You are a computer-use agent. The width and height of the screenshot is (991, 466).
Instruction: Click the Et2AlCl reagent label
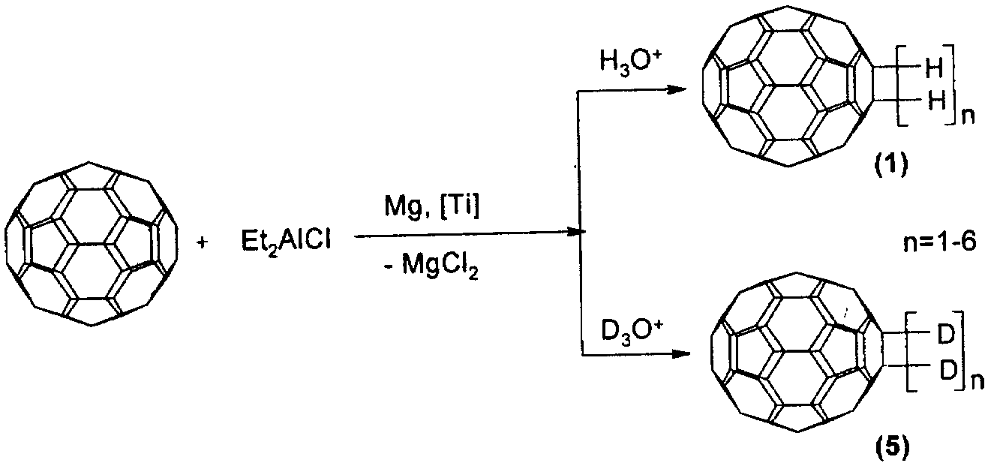[x=287, y=243]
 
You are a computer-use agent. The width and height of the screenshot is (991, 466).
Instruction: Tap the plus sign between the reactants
[x=203, y=242]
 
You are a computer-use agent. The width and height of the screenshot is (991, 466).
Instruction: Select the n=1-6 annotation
[x=940, y=243]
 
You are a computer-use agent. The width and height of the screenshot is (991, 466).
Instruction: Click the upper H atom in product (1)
[x=935, y=70]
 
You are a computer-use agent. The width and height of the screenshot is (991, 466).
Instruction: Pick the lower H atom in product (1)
[x=935, y=101]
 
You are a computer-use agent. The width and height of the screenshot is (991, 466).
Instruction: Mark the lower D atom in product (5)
[x=947, y=371]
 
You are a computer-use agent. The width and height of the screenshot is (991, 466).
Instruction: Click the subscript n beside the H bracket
[x=968, y=118]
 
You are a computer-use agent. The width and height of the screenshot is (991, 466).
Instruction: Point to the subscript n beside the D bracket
[x=977, y=383]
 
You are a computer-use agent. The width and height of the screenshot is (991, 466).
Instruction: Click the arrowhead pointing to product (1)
[x=676, y=89]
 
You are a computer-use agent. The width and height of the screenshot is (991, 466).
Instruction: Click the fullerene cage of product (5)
[x=797, y=352]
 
